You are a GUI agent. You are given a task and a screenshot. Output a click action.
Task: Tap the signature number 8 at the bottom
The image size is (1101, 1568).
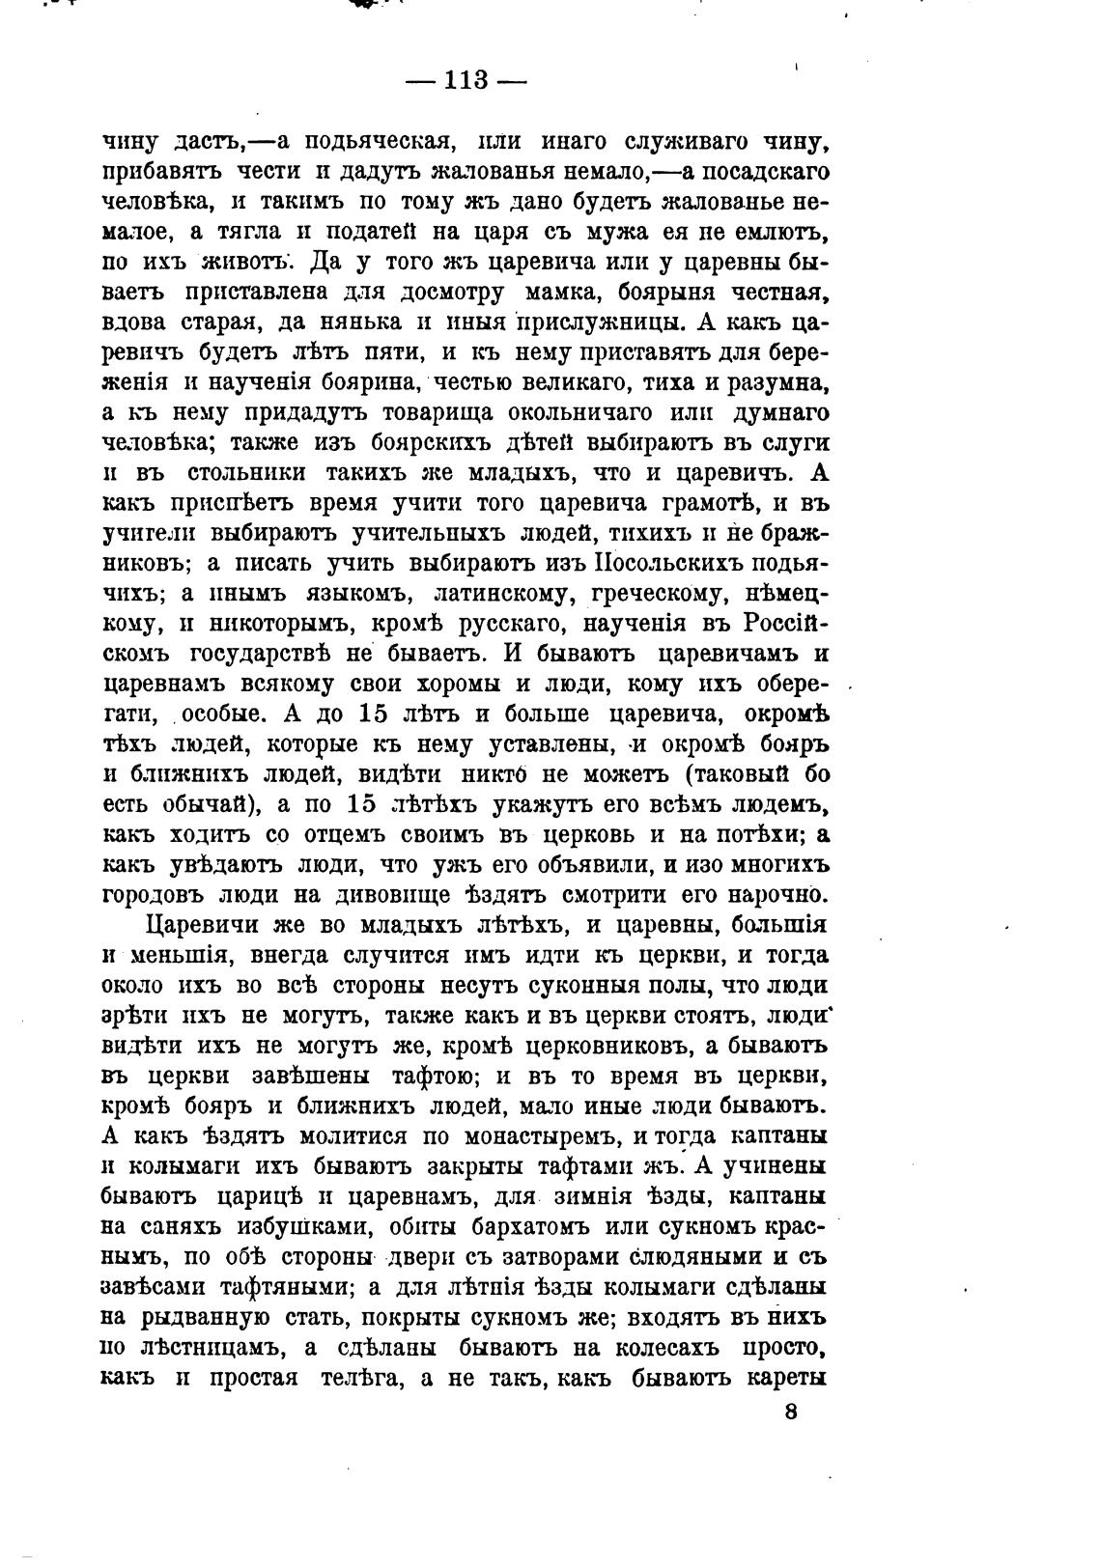(x=791, y=1412)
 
